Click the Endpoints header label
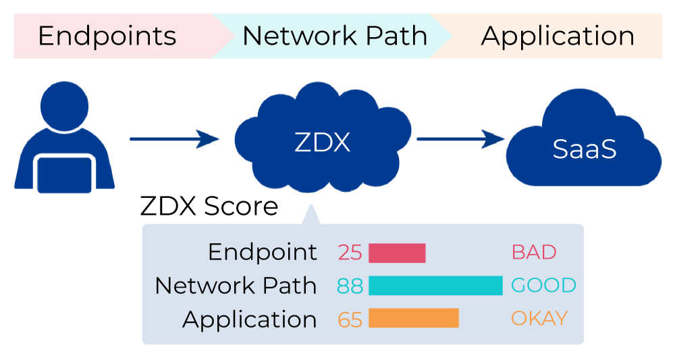[x=107, y=36]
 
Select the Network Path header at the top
[x=335, y=36]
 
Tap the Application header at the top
[x=558, y=36]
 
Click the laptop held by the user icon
[x=64, y=174]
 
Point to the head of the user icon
[x=64, y=107]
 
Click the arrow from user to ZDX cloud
[x=175, y=139]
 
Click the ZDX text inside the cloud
[x=322, y=143]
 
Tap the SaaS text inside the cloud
[x=585, y=149]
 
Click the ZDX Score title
[x=209, y=206]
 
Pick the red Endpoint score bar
[x=397, y=253]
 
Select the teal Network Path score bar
[x=435, y=286]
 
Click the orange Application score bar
[x=414, y=319]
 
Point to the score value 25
[x=350, y=253]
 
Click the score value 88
[x=350, y=286]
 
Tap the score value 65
[x=350, y=319]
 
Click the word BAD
[x=534, y=253]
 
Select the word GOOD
[x=543, y=286]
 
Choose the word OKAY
[x=539, y=319]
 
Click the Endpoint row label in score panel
[x=263, y=253]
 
